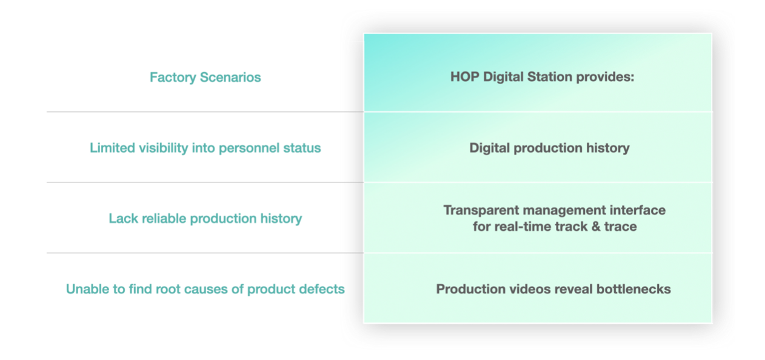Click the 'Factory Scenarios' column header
(205, 78)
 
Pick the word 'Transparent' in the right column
(481, 210)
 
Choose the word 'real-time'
(523, 227)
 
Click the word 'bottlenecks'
(633, 289)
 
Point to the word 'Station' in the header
(549, 77)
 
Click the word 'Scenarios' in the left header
(230, 78)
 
